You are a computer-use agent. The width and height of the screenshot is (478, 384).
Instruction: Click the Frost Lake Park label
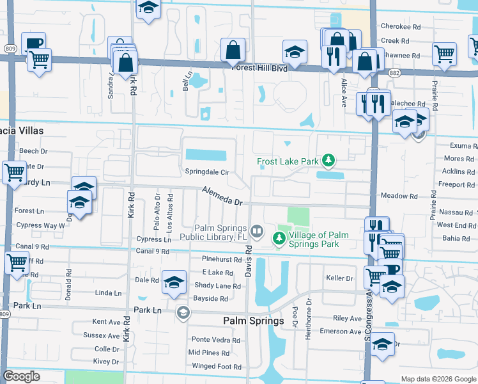[288, 162]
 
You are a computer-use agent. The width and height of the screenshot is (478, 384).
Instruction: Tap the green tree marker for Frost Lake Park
[328, 159]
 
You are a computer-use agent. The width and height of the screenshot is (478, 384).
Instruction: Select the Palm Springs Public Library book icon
[256, 230]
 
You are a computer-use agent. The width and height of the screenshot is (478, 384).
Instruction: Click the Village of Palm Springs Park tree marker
[279, 239]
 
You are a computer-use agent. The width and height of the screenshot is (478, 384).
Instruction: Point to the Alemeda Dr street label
[223, 196]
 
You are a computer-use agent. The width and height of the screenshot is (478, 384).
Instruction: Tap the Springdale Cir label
[207, 172]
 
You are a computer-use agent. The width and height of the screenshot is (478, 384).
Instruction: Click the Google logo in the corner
[21, 376]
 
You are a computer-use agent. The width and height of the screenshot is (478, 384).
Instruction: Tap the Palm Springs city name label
[253, 321]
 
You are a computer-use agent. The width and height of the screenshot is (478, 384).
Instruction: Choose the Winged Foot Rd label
[217, 367]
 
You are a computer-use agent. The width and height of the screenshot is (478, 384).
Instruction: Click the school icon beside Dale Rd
[174, 282]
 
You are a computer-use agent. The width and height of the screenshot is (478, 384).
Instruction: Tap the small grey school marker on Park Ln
[183, 312]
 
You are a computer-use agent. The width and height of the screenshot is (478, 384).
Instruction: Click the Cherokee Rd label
[400, 27]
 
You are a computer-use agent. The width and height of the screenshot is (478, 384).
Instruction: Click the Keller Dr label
[339, 278]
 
